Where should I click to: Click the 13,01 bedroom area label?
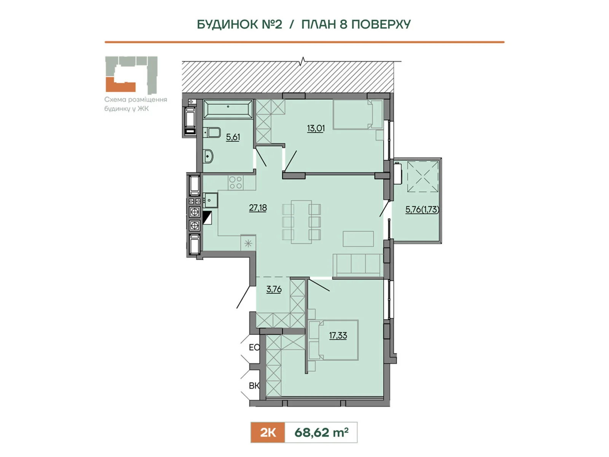click(x=316, y=128)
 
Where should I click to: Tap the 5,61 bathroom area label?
click(x=233, y=137)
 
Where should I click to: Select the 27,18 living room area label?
click(x=258, y=208)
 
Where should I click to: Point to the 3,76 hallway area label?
click(x=274, y=289)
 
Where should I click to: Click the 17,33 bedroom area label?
click(x=338, y=336)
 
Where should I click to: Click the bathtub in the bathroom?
click(x=228, y=109)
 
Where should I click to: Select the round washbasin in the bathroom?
click(x=208, y=156)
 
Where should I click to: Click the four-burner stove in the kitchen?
click(x=236, y=183)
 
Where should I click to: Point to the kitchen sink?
click(x=210, y=200)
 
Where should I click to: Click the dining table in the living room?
click(x=301, y=222)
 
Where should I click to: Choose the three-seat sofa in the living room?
click(x=358, y=265)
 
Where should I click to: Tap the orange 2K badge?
click(x=268, y=432)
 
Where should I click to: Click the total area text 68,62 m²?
click(x=321, y=432)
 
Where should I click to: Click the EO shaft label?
click(x=254, y=347)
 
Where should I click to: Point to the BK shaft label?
click(x=254, y=386)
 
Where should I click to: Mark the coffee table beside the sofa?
click(x=358, y=239)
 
